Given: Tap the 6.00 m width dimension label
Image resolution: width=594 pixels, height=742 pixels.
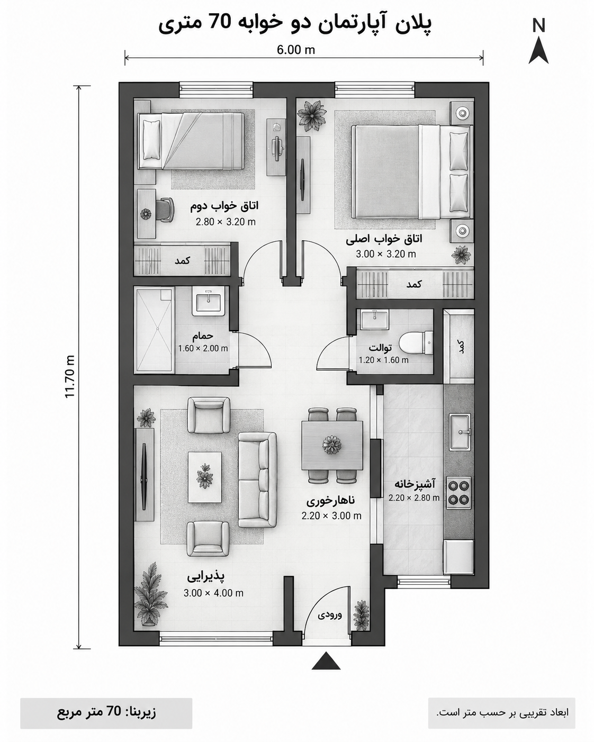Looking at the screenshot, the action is (x=296, y=50).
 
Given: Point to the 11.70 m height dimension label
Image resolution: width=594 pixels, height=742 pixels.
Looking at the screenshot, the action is (x=70, y=376).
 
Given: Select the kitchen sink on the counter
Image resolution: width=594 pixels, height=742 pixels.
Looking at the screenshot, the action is (x=460, y=432).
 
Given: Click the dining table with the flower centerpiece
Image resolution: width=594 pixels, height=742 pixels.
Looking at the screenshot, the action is (x=332, y=445).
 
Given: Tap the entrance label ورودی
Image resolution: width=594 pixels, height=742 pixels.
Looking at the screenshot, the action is (x=330, y=614).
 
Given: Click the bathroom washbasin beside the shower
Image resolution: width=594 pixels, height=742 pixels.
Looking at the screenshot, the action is (x=209, y=300).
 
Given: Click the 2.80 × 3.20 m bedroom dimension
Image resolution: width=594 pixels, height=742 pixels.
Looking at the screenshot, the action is (x=226, y=222).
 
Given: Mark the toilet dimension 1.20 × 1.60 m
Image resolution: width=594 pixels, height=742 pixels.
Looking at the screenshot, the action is (x=384, y=360).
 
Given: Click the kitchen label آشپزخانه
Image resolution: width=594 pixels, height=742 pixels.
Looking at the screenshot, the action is (x=415, y=484).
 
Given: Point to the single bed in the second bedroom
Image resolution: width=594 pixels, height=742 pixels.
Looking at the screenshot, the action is (x=191, y=141).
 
